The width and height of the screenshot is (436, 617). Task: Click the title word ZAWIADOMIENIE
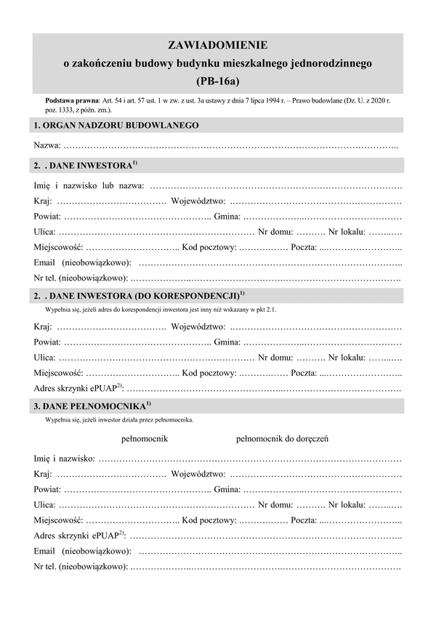coord(217,46)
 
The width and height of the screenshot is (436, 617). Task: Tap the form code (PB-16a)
coord(217,81)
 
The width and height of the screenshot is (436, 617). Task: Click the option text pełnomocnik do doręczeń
coord(283,439)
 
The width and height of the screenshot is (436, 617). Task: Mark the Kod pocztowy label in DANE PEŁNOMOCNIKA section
coord(209,519)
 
